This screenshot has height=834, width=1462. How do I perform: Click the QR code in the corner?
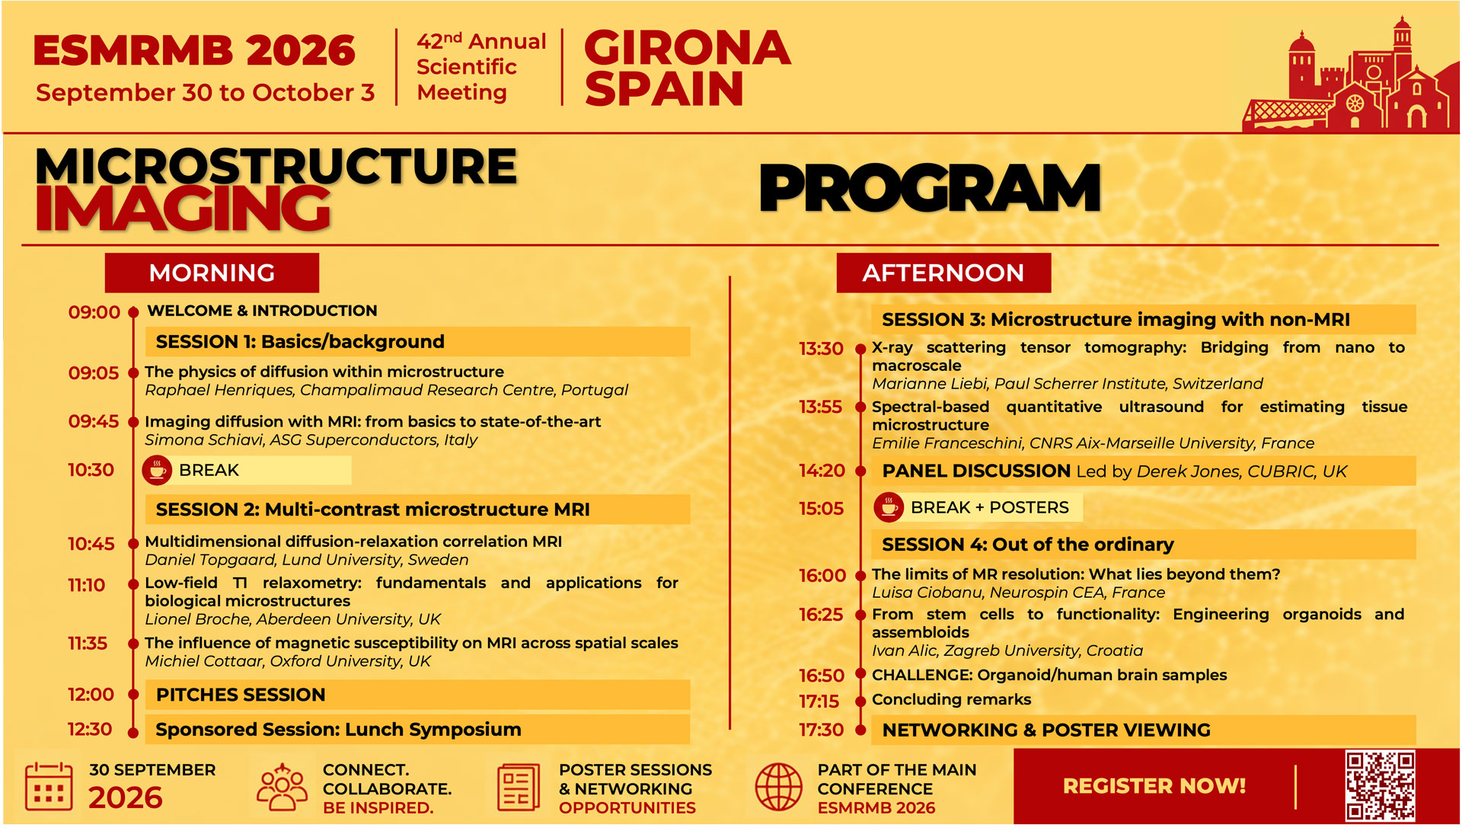click(1380, 786)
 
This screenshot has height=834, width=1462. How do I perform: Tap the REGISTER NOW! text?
click(1154, 786)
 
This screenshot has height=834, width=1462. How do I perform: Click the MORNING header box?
click(212, 273)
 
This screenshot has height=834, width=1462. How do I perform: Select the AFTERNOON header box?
click(943, 273)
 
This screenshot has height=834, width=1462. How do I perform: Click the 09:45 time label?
click(94, 421)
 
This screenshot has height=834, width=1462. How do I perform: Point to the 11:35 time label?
click(88, 644)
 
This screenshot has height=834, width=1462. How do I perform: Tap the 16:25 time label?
click(821, 615)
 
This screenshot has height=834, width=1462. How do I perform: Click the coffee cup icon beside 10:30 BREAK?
click(157, 471)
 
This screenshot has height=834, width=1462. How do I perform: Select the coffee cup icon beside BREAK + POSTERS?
click(888, 507)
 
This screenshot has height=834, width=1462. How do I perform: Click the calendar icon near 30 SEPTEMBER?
click(49, 788)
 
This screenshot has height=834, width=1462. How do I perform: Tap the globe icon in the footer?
click(778, 788)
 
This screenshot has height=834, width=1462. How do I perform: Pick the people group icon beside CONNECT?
click(282, 787)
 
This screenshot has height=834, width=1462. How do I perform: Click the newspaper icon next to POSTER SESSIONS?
click(519, 788)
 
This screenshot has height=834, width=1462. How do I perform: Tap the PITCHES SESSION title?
click(241, 695)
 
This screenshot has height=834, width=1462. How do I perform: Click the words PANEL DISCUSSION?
click(976, 471)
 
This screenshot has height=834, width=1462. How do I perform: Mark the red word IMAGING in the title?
click(183, 208)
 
